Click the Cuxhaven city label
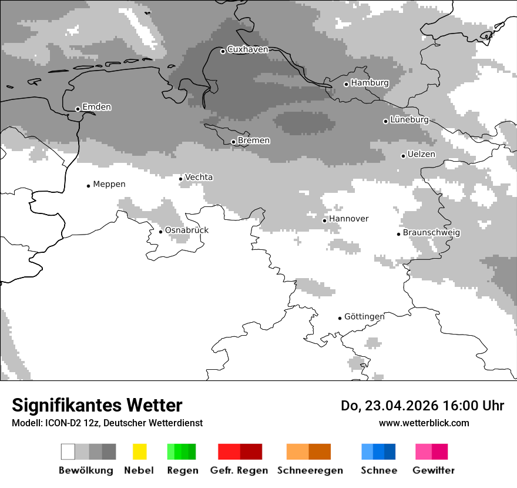click(247, 50)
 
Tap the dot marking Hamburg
click(347, 84)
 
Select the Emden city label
click(96, 107)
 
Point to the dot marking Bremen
click(233, 142)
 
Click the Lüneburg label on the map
click(409, 119)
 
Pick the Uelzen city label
click(421, 155)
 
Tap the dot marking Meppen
click(88, 186)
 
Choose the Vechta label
click(199, 178)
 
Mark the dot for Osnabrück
click(160, 232)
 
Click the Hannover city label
click(348, 219)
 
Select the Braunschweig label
click(431, 233)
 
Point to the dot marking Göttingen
click(340, 318)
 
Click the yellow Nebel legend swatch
click(139, 452)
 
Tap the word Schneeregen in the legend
click(310, 470)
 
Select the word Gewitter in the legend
click(434, 470)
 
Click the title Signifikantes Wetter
click(97, 406)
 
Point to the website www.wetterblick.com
click(424, 423)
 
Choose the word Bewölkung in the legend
click(86, 470)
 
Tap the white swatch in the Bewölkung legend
click(68, 452)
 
